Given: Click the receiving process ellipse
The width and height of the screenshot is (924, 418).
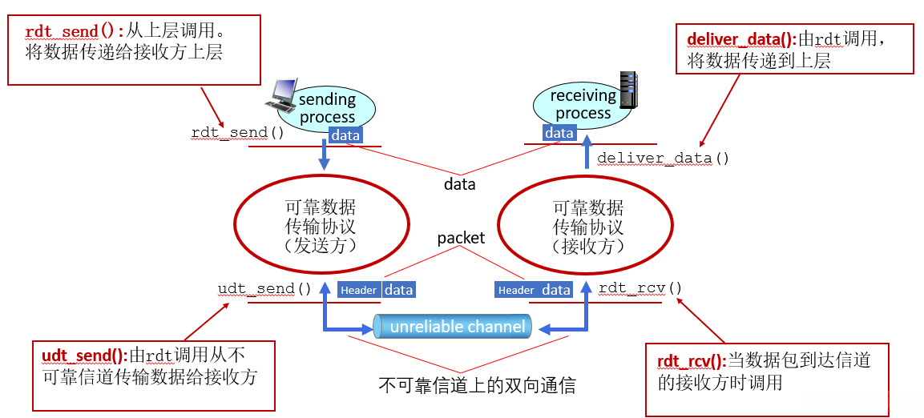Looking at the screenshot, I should point(583,104).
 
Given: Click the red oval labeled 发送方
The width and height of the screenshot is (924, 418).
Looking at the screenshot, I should point(320,226).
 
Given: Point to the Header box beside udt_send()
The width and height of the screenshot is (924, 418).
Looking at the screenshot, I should point(358,290).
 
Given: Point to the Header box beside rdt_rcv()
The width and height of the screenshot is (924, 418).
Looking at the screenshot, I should point(516,290).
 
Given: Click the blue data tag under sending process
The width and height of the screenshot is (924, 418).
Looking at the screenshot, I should point(345,135).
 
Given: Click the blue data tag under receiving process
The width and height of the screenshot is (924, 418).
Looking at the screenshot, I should point(559,133).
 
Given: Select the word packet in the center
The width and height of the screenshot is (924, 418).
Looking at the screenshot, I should point(461,238).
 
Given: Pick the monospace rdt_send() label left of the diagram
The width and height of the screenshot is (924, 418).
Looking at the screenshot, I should point(237,132).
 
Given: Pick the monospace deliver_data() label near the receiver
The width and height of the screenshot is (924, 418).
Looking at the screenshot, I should point(663,158).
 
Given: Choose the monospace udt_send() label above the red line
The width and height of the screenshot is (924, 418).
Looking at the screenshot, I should point(264,288).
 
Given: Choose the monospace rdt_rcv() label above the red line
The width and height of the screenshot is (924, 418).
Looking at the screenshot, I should point(641,288).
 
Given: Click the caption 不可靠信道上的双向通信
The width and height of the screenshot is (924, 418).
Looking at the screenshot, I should point(477,385).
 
